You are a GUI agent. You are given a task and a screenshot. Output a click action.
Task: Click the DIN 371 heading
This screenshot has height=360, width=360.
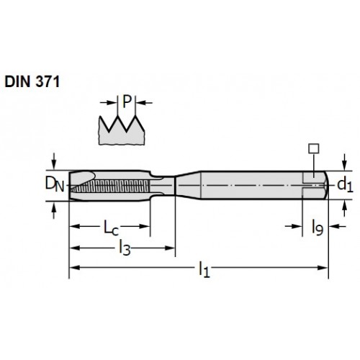click(32, 81)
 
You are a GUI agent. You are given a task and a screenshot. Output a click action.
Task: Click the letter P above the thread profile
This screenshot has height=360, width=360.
click(127, 102)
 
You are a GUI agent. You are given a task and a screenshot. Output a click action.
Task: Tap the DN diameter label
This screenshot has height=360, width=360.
click(55, 184)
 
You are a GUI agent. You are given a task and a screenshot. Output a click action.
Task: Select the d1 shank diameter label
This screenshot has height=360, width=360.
click(345, 185)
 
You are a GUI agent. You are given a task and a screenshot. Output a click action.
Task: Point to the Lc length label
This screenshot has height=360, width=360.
click(111, 228)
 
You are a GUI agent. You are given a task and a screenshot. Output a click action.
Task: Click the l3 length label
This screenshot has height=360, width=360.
click(125, 248)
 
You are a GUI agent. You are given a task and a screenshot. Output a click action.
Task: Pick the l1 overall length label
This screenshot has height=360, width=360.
click(204, 270)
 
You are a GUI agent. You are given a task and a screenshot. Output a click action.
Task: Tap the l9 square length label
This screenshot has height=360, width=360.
click(318, 228)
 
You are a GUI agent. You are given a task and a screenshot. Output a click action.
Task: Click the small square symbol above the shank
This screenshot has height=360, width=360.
click(314, 148)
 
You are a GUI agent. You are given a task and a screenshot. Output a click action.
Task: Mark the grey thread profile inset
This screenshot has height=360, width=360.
click(122, 130)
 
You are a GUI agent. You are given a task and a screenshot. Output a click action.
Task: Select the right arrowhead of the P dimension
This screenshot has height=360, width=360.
click(140, 103)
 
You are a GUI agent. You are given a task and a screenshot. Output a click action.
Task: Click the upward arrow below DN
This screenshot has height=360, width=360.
click(54, 210)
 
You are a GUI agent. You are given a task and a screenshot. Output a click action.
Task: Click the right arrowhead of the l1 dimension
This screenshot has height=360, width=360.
click(323, 267)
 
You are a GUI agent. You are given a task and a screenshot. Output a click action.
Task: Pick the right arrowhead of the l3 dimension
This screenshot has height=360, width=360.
click(170, 248)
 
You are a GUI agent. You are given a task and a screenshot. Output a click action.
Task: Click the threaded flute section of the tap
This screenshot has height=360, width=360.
click(109, 185)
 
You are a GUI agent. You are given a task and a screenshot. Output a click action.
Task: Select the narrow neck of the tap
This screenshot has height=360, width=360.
click(163, 186)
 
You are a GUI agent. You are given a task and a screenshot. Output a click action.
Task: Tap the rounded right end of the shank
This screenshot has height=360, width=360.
click(325, 185)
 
